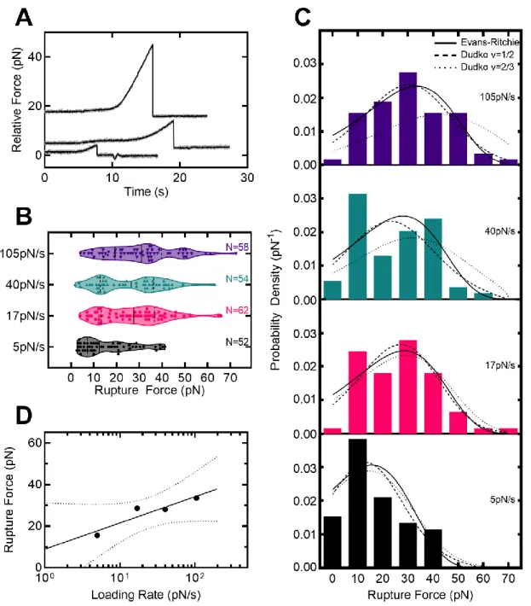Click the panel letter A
click(x=24, y=17)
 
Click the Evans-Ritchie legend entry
click(x=477, y=42)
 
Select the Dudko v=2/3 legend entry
click(x=474, y=67)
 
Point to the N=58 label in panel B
click(x=237, y=247)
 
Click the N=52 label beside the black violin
click(x=237, y=341)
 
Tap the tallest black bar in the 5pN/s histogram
click(x=358, y=503)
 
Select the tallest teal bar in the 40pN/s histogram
click(x=358, y=246)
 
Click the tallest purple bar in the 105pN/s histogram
click(x=408, y=119)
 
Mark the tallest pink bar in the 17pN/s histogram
click(x=408, y=387)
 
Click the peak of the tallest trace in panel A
click(x=153, y=45)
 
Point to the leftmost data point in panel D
click(x=97, y=535)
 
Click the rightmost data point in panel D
click(x=196, y=498)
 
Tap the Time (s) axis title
click(x=147, y=192)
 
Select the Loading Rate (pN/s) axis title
click(x=146, y=595)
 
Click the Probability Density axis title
click(x=275, y=300)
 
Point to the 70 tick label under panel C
click(x=508, y=579)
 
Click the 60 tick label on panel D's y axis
click(x=35, y=442)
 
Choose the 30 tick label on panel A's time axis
click(x=247, y=178)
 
